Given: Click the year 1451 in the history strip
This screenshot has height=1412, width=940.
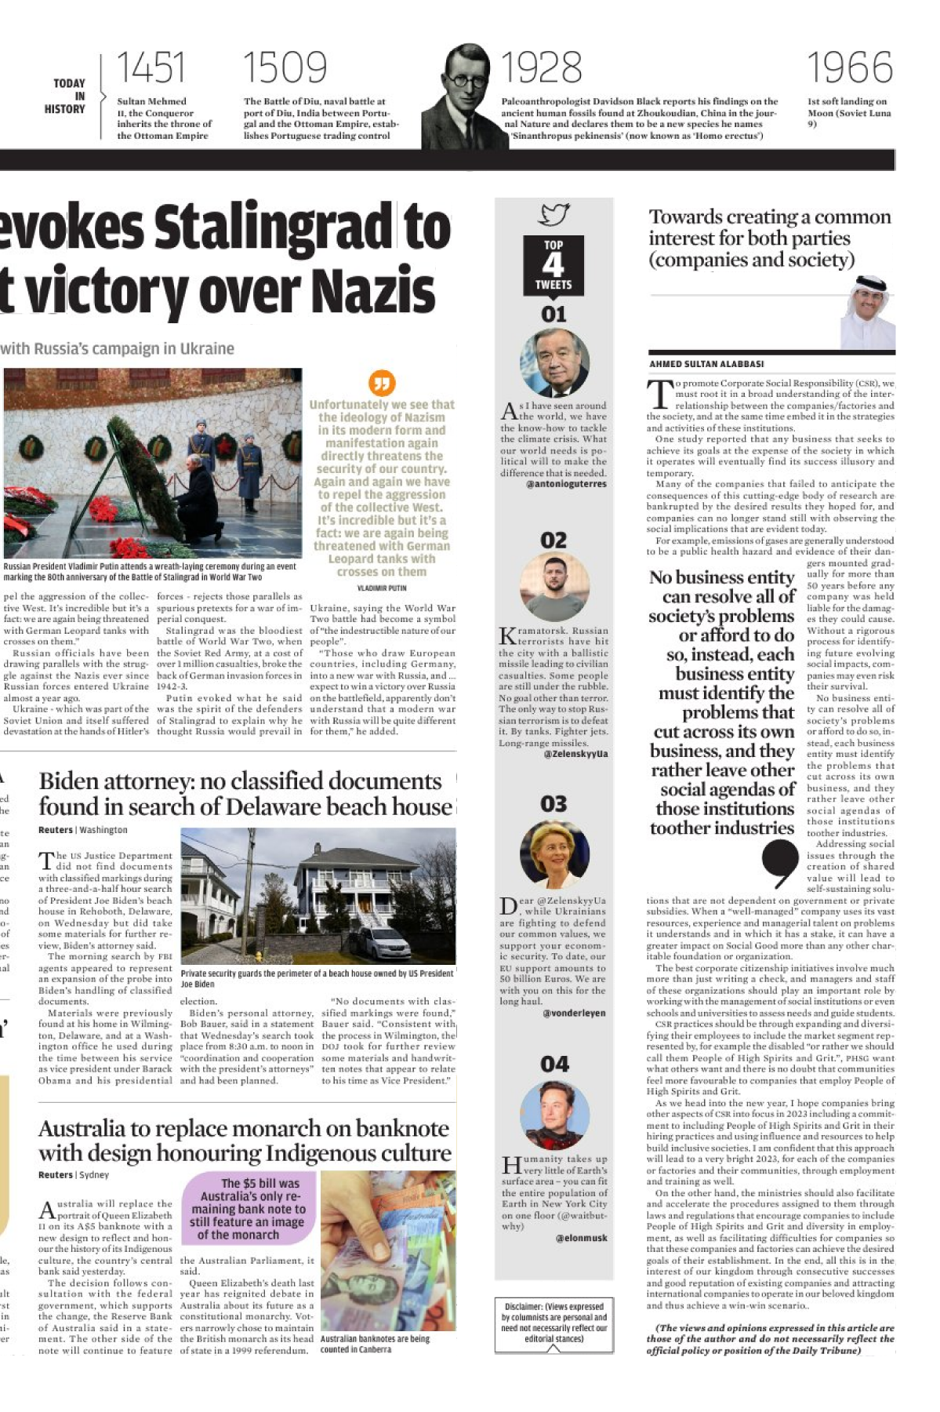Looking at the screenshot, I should coord(151,68).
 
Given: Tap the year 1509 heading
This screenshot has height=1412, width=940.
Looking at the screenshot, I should coord(285,68).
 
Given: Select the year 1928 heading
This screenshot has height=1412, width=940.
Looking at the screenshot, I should coord(542,68).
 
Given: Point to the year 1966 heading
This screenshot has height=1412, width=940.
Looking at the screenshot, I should coord(850,68).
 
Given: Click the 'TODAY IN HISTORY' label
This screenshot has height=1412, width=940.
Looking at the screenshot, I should coord(69,96).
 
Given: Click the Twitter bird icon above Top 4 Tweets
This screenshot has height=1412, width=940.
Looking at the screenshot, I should coord(553,214).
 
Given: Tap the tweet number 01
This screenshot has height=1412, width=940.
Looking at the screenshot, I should coord(553,315).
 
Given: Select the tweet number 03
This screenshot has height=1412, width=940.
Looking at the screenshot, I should coord(553,804).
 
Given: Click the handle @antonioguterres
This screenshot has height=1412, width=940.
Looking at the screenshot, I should coord(567,484).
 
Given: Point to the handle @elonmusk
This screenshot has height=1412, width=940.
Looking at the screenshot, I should coord(582,1238).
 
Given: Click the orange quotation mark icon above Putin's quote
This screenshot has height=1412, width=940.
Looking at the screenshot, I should coord(382,383).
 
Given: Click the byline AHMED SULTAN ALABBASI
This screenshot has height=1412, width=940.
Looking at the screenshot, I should coord(706,364).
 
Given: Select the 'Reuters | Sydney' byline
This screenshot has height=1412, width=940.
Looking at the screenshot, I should coord(74,1174).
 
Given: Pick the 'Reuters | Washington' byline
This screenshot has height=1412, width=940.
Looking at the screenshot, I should coord(82,829).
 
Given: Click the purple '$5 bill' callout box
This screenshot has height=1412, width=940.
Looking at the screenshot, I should coord(249,1208).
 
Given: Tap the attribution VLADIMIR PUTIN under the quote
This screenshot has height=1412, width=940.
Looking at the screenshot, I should coord(382,588).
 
